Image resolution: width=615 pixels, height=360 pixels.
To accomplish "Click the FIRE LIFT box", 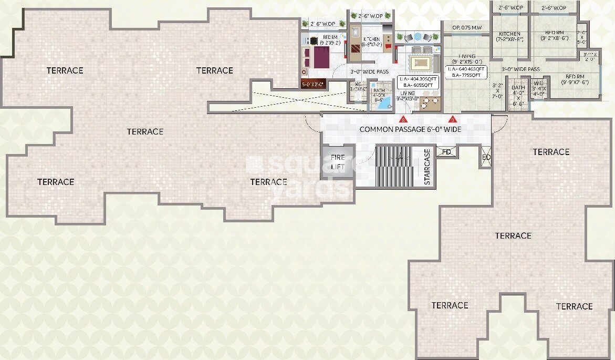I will click(x=338, y=162).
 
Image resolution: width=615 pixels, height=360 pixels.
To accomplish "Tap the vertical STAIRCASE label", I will click(x=427, y=168).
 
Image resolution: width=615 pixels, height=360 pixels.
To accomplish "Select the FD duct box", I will click(x=446, y=152).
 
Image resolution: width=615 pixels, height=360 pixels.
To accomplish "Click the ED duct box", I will click(x=486, y=157).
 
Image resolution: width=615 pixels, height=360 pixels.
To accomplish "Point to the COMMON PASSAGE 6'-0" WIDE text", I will click(x=410, y=129).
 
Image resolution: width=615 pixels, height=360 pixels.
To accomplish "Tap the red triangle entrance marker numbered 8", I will click(x=403, y=118).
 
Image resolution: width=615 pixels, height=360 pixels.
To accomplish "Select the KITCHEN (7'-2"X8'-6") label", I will click(x=509, y=36).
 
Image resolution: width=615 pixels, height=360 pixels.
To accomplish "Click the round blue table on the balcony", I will click(x=418, y=36).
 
